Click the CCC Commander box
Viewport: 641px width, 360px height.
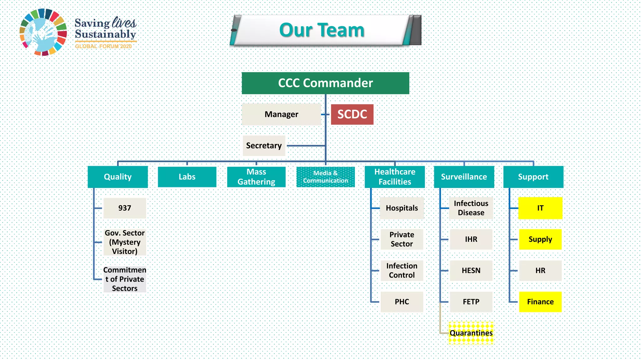(325, 83)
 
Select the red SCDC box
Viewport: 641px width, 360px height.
(352, 114)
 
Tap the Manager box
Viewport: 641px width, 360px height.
(281, 114)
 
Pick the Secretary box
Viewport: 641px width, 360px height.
(264, 146)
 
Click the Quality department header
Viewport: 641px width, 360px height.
(118, 177)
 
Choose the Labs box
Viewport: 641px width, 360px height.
(187, 177)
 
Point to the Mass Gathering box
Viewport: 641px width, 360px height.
(256, 177)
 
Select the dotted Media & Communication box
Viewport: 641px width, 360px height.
(326, 177)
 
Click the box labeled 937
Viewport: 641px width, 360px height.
(125, 208)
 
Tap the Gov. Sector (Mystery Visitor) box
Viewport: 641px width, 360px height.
(125, 242)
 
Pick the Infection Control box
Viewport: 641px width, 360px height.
(402, 271)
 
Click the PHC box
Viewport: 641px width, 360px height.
(402, 302)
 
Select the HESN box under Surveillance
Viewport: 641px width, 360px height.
(471, 271)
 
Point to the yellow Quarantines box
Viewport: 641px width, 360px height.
(471, 333)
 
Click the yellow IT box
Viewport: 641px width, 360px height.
(540, 208)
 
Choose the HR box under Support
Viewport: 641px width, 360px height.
(540, 271)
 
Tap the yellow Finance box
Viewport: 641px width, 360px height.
(540, 302)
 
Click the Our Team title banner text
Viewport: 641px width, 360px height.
(322, 30)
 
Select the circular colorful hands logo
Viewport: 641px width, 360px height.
(43, 32)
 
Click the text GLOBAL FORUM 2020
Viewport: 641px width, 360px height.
(103, 46)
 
